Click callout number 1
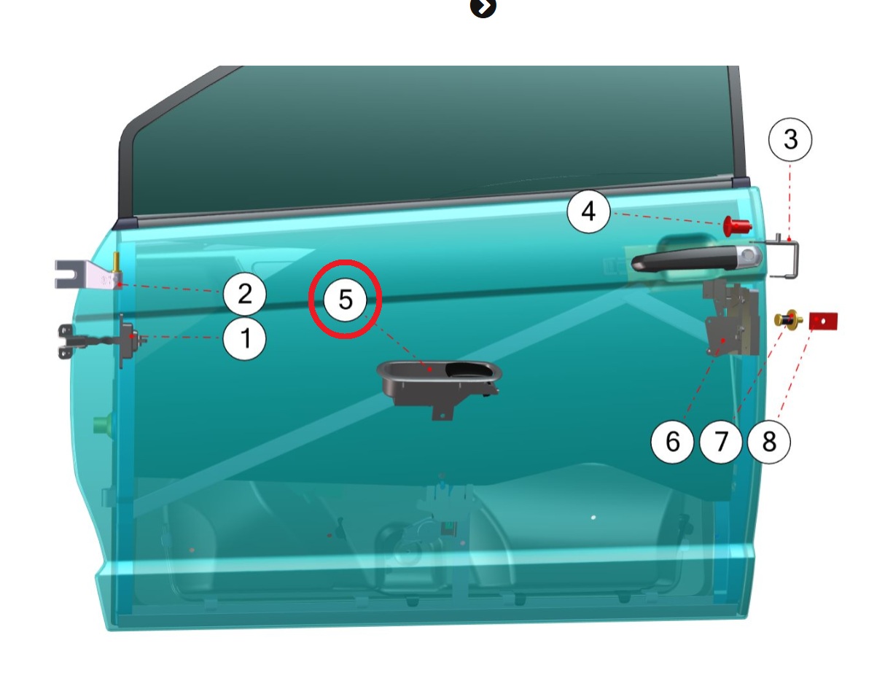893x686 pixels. [x=244, y=338]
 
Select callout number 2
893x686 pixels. [x=244, y=294]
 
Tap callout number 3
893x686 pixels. [x=790, y=139]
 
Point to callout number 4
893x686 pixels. [x=588, y=211]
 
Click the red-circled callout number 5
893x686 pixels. [x=346, y=299]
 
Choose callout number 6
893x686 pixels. [x=672, y=442]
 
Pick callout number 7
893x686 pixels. [x=721, y=442]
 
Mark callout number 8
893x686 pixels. [x=769, y=442]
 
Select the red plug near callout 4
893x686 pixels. [x=737, y=225]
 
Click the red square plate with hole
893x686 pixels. [x=823, y=321]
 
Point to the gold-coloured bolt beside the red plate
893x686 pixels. [x=788, y=319]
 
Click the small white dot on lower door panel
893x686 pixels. [x=593, y=517]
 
